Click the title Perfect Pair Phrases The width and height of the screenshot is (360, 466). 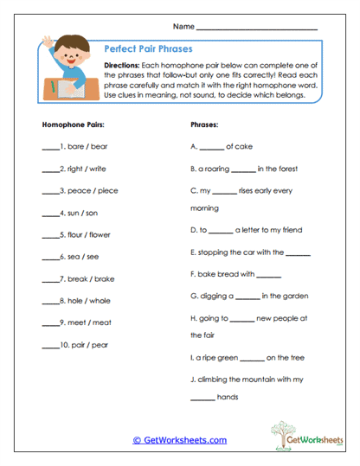[x=147, y=49]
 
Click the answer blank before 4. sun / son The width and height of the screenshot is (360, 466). [x=49, y=213]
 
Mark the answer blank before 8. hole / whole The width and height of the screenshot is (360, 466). [x=49, y=301]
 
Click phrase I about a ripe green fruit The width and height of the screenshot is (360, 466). [x=244, y=356]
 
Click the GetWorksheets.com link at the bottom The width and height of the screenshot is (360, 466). [x=179, y=440]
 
